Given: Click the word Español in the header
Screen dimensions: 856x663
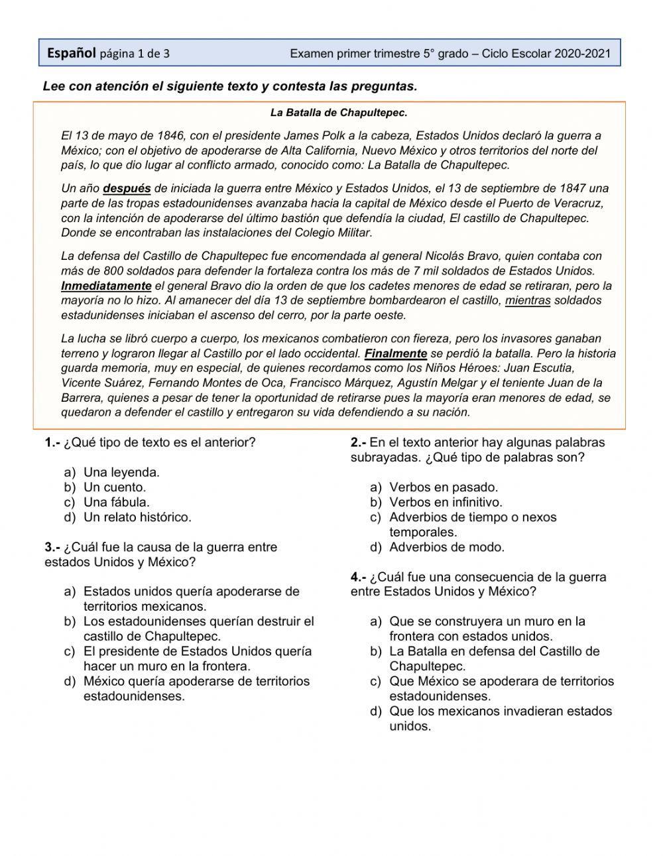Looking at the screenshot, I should (x=71, y=53).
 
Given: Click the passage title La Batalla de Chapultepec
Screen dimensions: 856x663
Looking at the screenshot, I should (x=338, y=113).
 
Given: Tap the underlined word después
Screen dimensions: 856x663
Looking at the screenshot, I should (x=127, y=188).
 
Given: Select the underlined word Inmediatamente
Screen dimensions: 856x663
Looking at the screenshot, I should (x=106, y=286).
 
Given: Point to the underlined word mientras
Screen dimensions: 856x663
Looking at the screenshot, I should (x=528, y=300).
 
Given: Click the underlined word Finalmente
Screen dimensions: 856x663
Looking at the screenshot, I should (x=396, y=353).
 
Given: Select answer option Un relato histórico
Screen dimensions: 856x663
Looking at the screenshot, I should (x=137, y=517).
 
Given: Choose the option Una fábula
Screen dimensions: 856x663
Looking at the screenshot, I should (x=117, y=502).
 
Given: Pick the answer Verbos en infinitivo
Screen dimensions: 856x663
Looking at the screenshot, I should (x=446, y=502).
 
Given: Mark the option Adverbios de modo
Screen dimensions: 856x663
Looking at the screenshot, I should (x=447, y=547).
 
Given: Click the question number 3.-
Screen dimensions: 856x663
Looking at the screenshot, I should (x=52, y=547).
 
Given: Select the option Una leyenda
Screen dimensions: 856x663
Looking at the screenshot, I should (x=121, y=472).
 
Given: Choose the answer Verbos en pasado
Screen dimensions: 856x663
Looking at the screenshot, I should (x=444, y=487).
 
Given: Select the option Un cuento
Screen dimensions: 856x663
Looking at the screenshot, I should (x=115, y=487).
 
